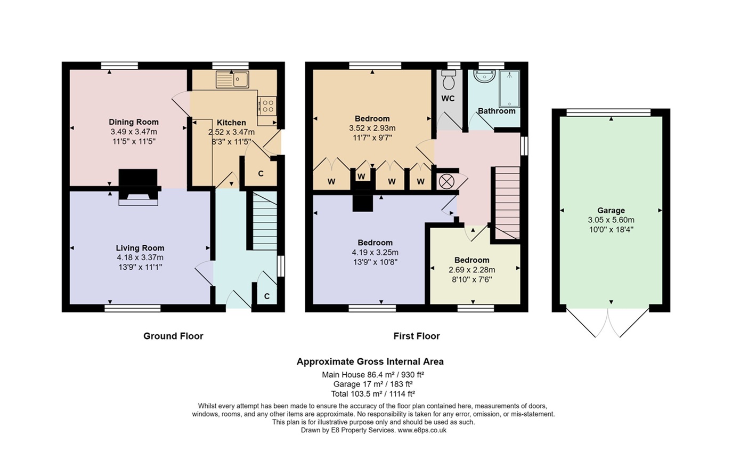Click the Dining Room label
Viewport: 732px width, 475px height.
134,122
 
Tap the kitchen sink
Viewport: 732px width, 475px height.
232,79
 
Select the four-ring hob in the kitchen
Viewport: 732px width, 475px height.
267,106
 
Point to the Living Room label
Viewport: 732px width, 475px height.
140,248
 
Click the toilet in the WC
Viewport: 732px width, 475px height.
449,80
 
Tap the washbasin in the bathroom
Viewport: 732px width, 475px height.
484,76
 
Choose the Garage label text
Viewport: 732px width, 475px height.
611,210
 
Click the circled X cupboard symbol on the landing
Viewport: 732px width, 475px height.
446,182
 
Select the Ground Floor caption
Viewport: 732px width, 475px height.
173,336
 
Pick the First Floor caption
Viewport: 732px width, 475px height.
416,336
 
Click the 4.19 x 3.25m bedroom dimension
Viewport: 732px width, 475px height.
375,252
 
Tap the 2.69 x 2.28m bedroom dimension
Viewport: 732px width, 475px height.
471,270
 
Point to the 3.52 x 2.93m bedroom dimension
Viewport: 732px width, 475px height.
372,128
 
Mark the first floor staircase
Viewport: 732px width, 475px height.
508,203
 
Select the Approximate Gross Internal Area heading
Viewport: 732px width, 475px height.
370,361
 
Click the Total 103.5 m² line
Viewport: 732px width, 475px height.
373,393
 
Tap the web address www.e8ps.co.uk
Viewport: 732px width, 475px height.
422,430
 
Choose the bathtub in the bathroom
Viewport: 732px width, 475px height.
509,89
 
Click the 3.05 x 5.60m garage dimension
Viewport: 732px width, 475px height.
611,220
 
